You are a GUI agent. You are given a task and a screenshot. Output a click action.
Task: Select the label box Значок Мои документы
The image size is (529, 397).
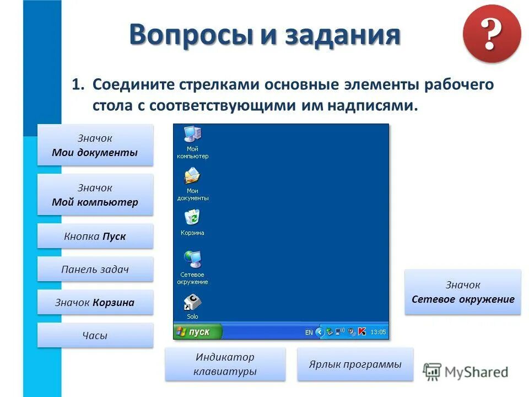(95, 145)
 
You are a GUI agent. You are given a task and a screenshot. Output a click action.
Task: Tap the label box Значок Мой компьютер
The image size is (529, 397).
(95, 195)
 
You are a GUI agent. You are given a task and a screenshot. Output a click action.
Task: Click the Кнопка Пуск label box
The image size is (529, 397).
(95, 236)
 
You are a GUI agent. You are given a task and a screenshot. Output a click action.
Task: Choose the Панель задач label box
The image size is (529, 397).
(95, 269)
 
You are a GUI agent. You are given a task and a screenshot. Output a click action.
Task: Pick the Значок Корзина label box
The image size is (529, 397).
(95, 302)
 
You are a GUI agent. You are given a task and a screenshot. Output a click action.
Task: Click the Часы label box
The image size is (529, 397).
(95, 335)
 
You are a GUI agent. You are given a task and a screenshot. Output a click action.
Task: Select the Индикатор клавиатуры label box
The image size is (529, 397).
(225, 364)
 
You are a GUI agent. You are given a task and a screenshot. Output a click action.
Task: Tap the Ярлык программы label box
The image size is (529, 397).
(355, 364)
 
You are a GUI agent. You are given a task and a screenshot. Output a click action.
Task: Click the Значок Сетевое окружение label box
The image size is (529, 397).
(462, 292)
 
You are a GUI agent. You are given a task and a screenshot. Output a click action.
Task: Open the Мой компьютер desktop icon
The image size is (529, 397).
(192, 135)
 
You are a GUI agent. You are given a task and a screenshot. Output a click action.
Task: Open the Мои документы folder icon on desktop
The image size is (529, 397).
(192, 176)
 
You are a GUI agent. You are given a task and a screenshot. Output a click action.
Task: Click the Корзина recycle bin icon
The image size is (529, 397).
(192, 218)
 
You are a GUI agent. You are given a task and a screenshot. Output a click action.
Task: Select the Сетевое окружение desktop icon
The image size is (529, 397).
(192, 259)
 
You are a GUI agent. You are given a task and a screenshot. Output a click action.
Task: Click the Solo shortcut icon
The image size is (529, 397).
(192, 302)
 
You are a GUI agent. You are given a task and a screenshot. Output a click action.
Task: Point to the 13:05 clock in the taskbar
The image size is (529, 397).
(378, 332)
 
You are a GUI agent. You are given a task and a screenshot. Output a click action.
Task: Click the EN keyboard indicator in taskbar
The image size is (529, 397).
(309, 332)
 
